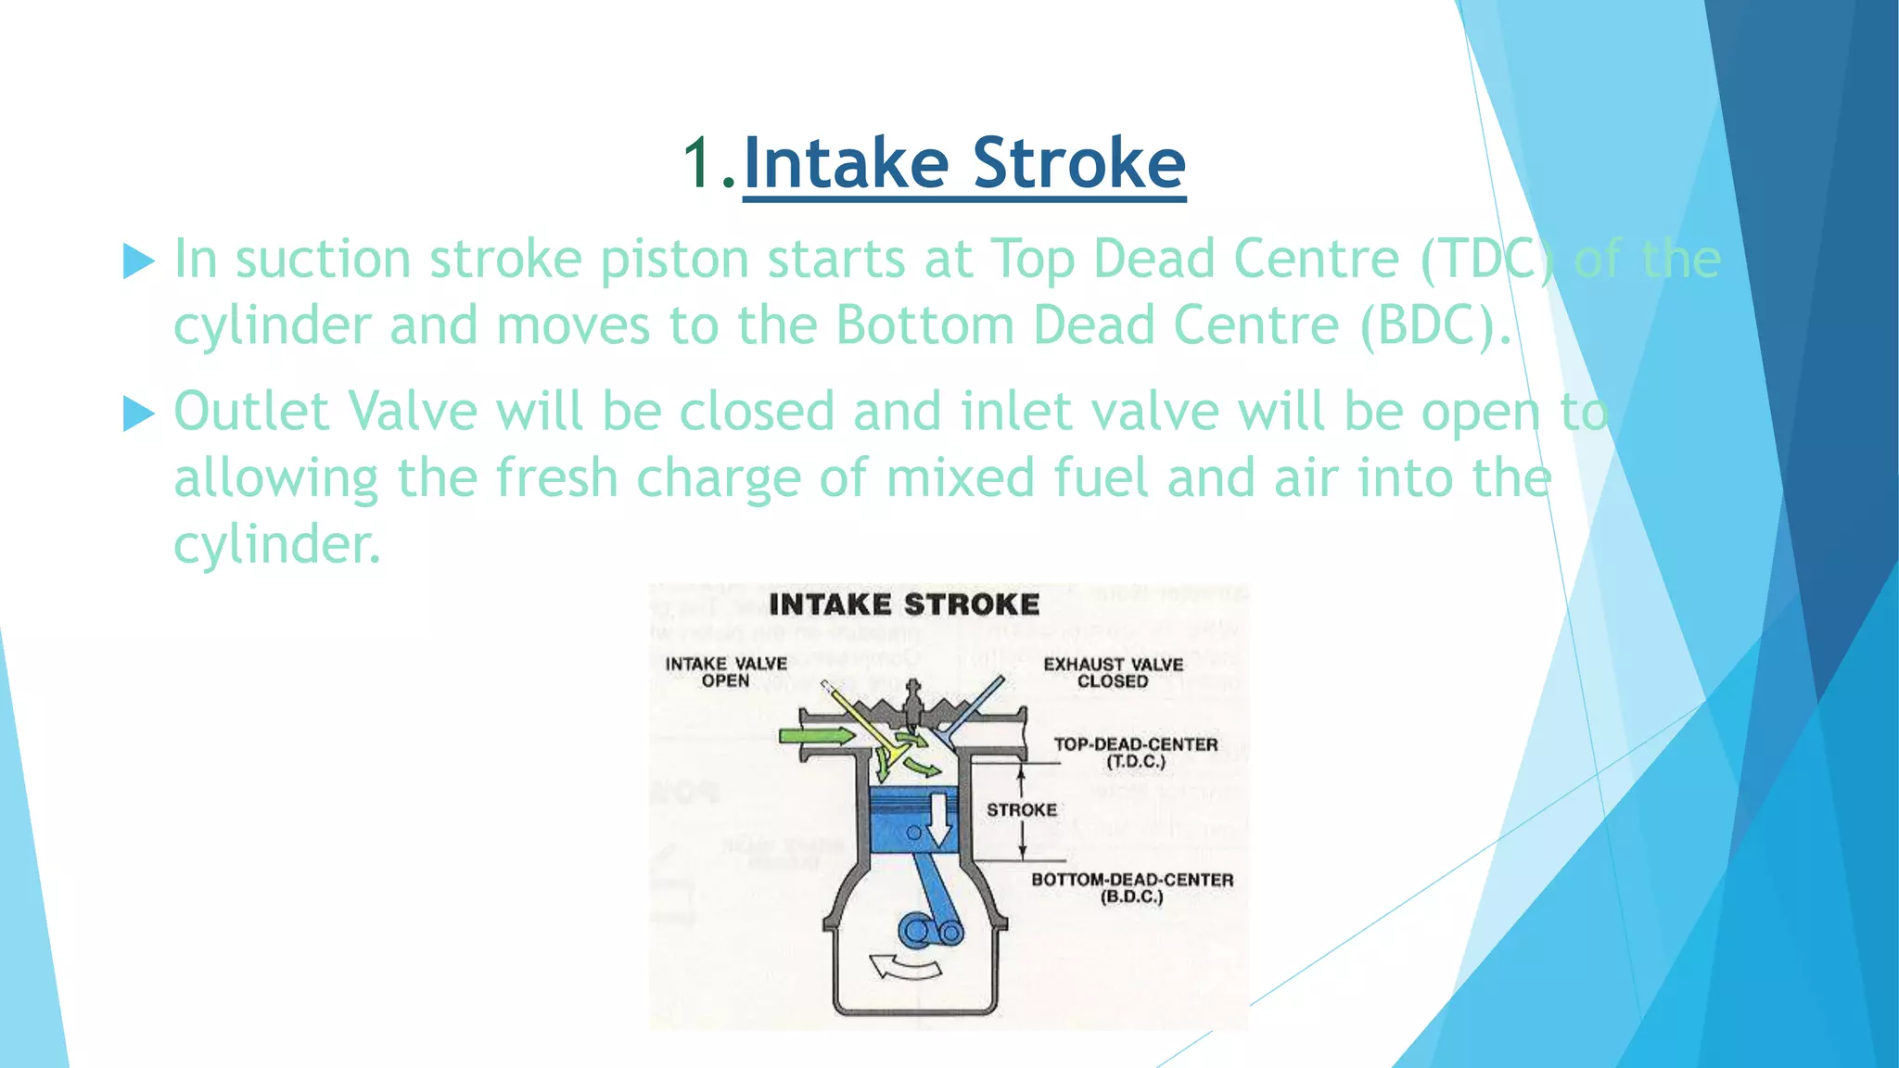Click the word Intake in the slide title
coord(846,163)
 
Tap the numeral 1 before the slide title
coord(697,163)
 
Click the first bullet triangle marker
coord(138,261)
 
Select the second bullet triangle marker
coord(138,413)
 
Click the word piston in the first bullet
coord(674,260)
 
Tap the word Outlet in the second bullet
coord(251,411)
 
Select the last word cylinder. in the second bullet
coord(277,544)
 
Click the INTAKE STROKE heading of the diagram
coord(904,605)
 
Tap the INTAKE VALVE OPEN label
coord(726,672)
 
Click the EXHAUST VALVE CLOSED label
coord(1113,673)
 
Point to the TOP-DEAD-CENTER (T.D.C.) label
coord(1136,753)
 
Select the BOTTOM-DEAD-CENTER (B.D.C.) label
coord(1132,887)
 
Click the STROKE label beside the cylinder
coord(1022,810)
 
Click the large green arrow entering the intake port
coord(817,736)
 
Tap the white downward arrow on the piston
coord(940,819)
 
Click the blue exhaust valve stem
coord(977,705)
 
